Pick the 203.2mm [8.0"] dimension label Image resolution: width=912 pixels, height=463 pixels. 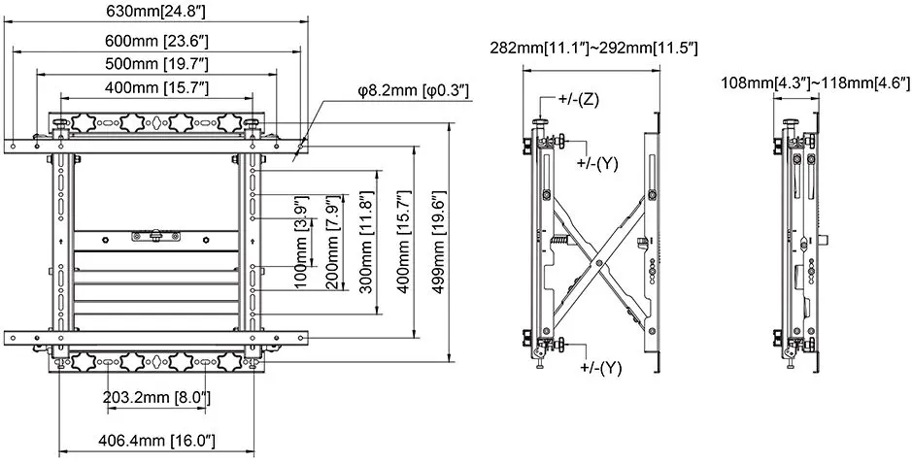[x=156, y=398]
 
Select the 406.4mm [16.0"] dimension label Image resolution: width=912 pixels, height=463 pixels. [x=156, y=441]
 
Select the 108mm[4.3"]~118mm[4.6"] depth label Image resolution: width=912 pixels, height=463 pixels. [x=810, y=83]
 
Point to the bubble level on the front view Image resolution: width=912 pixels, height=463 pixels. [x=155, y=234]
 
